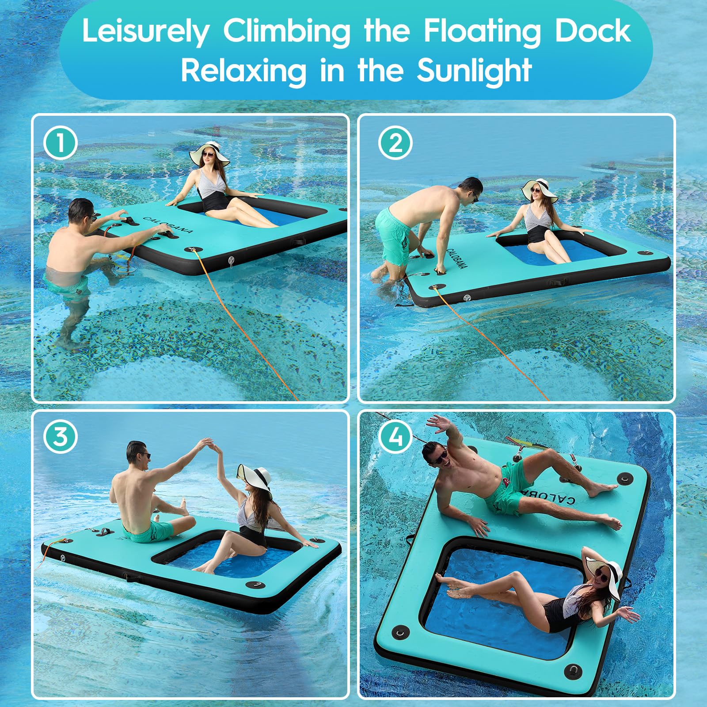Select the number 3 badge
[x=61, y=437]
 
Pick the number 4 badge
[x=395, y=437]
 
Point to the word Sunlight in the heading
[x=474, y=70]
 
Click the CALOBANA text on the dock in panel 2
[x=456, y=258]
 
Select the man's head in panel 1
[x=81, y=212]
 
